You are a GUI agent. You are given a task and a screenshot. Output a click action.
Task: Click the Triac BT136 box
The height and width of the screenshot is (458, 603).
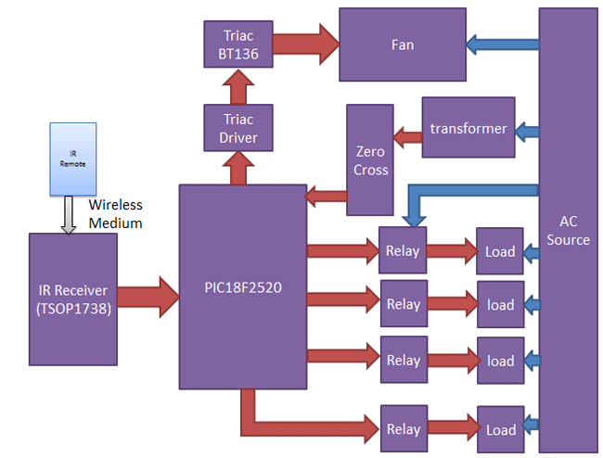[x=239, y=44]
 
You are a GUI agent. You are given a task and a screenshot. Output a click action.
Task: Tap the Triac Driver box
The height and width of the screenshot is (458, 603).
[x=239, y=129]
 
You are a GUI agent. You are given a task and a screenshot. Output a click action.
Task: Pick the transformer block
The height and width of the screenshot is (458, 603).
[x=468, y=128]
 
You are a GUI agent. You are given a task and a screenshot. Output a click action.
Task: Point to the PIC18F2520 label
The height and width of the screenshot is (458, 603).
[x=242, y=287]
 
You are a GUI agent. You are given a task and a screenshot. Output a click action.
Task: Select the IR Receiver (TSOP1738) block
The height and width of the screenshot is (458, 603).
[x=73, y=298]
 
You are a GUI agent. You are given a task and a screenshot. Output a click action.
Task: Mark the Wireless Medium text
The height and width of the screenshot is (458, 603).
[x=116, y=213]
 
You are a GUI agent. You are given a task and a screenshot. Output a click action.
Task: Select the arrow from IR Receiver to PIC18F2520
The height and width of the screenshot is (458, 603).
[x=148, y=296]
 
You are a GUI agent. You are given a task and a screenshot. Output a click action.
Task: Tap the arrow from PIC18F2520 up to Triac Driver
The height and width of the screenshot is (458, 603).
[x=239, y=169]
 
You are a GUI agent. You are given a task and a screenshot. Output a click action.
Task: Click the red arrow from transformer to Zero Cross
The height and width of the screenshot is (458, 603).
[x=407, y=139]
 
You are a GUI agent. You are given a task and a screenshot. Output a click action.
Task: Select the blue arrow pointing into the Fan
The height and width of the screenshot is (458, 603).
[x=501, y=43]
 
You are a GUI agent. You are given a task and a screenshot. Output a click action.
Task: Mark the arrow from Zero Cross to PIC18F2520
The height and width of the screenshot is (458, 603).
[x=326, y=195]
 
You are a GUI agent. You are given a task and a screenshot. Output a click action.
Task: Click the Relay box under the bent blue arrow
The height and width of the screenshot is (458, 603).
[x=404, y=250]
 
